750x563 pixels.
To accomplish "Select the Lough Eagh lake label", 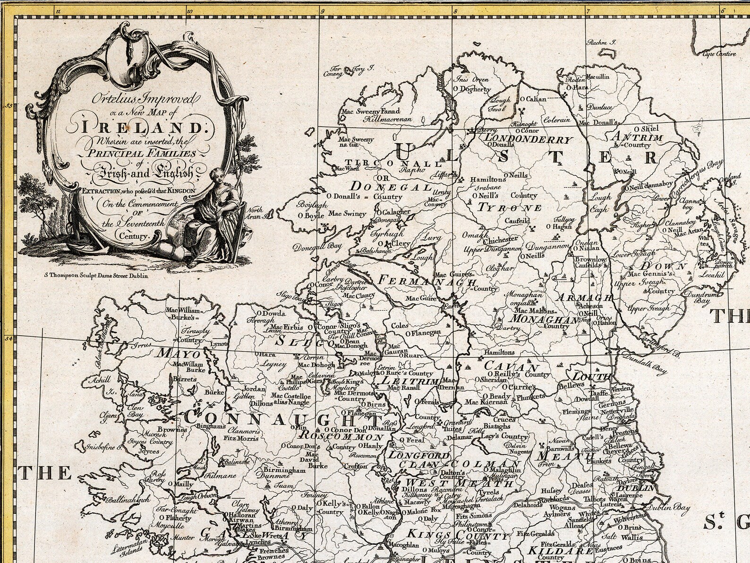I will pos(600,204).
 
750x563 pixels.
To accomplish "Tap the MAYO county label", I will pos(179,353).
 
